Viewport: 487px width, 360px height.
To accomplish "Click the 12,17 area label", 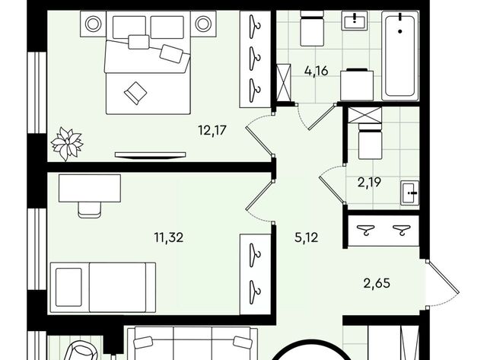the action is [212, 130].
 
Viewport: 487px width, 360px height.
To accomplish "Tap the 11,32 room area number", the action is [169, 238].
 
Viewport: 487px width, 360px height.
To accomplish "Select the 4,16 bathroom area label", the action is [317, 71].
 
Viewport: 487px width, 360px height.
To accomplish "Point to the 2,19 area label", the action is [369, 183].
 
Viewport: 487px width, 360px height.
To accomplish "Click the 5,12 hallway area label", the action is [306, 238].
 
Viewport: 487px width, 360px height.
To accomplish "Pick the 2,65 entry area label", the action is [377, 283].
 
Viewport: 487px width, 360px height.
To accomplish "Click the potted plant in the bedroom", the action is [67, 144].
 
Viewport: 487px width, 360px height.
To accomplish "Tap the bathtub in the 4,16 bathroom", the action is [400, 56].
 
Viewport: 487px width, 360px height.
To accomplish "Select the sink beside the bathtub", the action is [354, 21].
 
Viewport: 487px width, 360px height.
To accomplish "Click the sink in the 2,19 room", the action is [409, 193].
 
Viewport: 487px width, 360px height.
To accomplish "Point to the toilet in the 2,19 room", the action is [370, 142].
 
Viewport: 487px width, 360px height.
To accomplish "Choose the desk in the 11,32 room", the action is [90, 188].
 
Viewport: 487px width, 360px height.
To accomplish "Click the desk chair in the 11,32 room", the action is [90, 210].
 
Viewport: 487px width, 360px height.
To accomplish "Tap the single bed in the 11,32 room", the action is [103, 288].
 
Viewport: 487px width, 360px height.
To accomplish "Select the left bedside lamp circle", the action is [93, 24].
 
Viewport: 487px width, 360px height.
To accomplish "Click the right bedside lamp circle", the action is [203, 24].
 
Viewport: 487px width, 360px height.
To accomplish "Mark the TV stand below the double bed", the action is [151, 155].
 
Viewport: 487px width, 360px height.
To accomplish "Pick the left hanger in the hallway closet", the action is [365, 230].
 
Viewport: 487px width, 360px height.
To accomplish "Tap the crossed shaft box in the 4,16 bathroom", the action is [284, 83].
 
